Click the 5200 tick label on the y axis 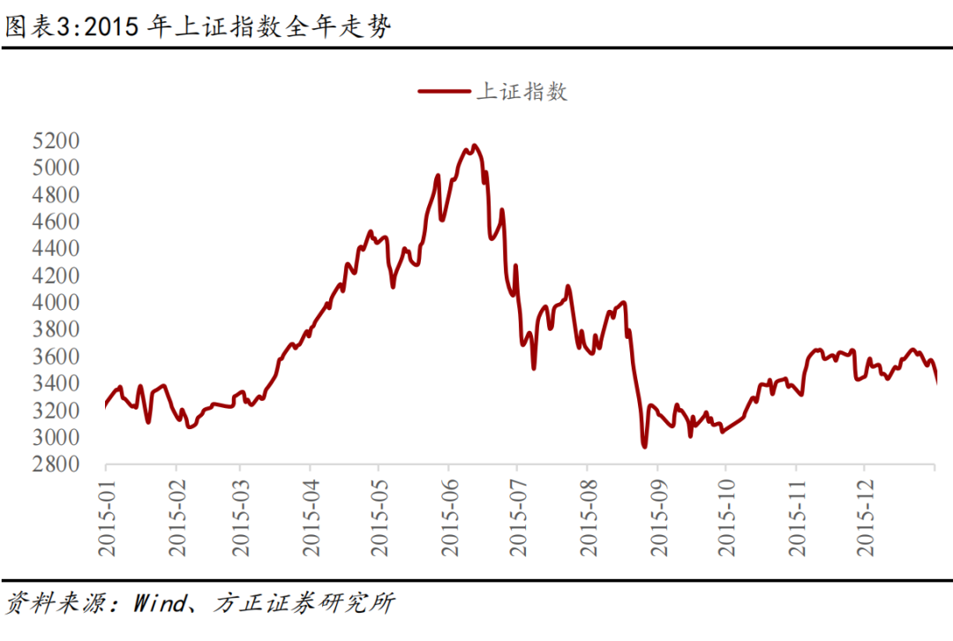(56, 140)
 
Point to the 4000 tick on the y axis (56, 303)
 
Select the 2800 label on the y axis (56, 465)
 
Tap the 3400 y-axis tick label (56, 384)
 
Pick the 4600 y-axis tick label (56, 222)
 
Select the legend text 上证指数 (522, 91)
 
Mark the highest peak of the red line (475, 146)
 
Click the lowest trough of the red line (644, 447)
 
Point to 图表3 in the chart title (33, 27)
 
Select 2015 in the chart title (118, 27)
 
